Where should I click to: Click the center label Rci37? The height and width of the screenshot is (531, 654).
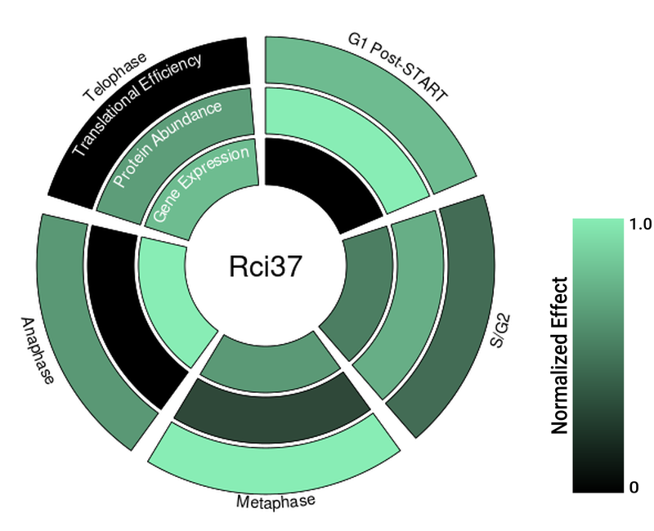coord(264,265)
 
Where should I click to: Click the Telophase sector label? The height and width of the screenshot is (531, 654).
coord(114,78)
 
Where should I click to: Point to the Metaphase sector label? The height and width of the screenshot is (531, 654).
coord(275,501)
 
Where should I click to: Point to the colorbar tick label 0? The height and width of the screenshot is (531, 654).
coord(634,488)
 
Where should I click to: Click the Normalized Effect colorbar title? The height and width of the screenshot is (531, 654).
coord(560,355)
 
